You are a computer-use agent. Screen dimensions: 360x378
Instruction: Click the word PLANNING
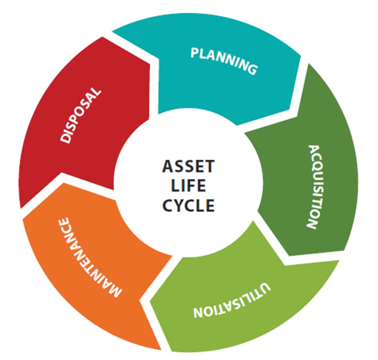pyautogui.click(x=223, y=60)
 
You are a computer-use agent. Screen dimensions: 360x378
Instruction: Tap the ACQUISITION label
pyautogui.click(x=316, y=187)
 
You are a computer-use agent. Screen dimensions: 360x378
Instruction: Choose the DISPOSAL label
pyautogui.click(x=81, y=115)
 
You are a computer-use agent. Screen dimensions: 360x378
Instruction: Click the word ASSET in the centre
pyautogui.click(x=188, y=167)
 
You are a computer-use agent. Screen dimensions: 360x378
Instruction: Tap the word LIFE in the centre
pyautogui.click(x=189, y=186)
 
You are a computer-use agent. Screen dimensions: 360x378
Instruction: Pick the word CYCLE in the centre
pyautogui.click(x=189, y=205)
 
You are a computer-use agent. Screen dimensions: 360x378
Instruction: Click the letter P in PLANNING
pyautogui.click(x=194, y=53)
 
